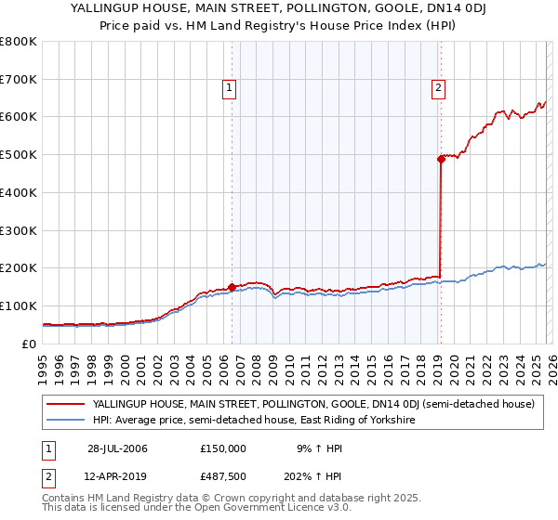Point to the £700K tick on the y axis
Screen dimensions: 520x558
(x=19, y=79)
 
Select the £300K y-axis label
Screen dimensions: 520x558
(x=19, y=230)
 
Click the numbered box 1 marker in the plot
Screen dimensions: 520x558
(x=229, y=89)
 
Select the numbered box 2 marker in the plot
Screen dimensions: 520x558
(x=438, y=89)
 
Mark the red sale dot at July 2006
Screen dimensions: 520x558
(x=232, y=287)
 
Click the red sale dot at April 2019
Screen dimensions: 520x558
(x=441, y=159)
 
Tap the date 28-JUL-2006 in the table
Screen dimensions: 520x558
(x=117, y=448)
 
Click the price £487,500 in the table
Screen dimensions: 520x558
(x=222, y=476)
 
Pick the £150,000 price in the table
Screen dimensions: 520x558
(x=222, y=448)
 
